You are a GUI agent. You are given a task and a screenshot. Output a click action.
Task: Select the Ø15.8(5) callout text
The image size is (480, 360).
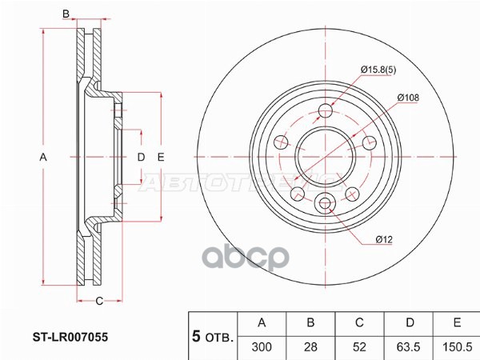[379, 71]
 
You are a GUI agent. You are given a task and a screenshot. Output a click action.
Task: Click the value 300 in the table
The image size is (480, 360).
[262, 346]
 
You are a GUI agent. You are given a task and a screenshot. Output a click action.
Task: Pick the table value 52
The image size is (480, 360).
[359, 346]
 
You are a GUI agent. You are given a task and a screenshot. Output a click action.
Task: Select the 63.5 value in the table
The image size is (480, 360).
[408, 346]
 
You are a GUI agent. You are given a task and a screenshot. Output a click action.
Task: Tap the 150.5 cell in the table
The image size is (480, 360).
[455, 346]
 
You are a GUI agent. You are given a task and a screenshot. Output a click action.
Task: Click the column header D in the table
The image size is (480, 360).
[408, 323]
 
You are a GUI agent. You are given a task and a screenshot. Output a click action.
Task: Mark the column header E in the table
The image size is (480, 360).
[455, 323]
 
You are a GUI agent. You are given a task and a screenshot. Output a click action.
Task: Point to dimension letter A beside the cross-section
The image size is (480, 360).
[44, 158]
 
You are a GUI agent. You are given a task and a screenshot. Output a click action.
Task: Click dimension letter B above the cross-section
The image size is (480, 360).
[67, 14]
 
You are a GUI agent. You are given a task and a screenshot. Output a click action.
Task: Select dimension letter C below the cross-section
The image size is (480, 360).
[99, 301]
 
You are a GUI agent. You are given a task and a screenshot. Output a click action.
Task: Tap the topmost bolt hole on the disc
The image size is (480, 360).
[325, 111]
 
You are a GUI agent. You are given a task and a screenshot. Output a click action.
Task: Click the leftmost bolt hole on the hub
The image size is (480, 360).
[281, 142]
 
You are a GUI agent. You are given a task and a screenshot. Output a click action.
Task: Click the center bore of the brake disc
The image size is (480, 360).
[325, 157]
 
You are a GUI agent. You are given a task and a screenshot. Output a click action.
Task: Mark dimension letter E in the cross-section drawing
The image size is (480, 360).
[161, 158]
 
